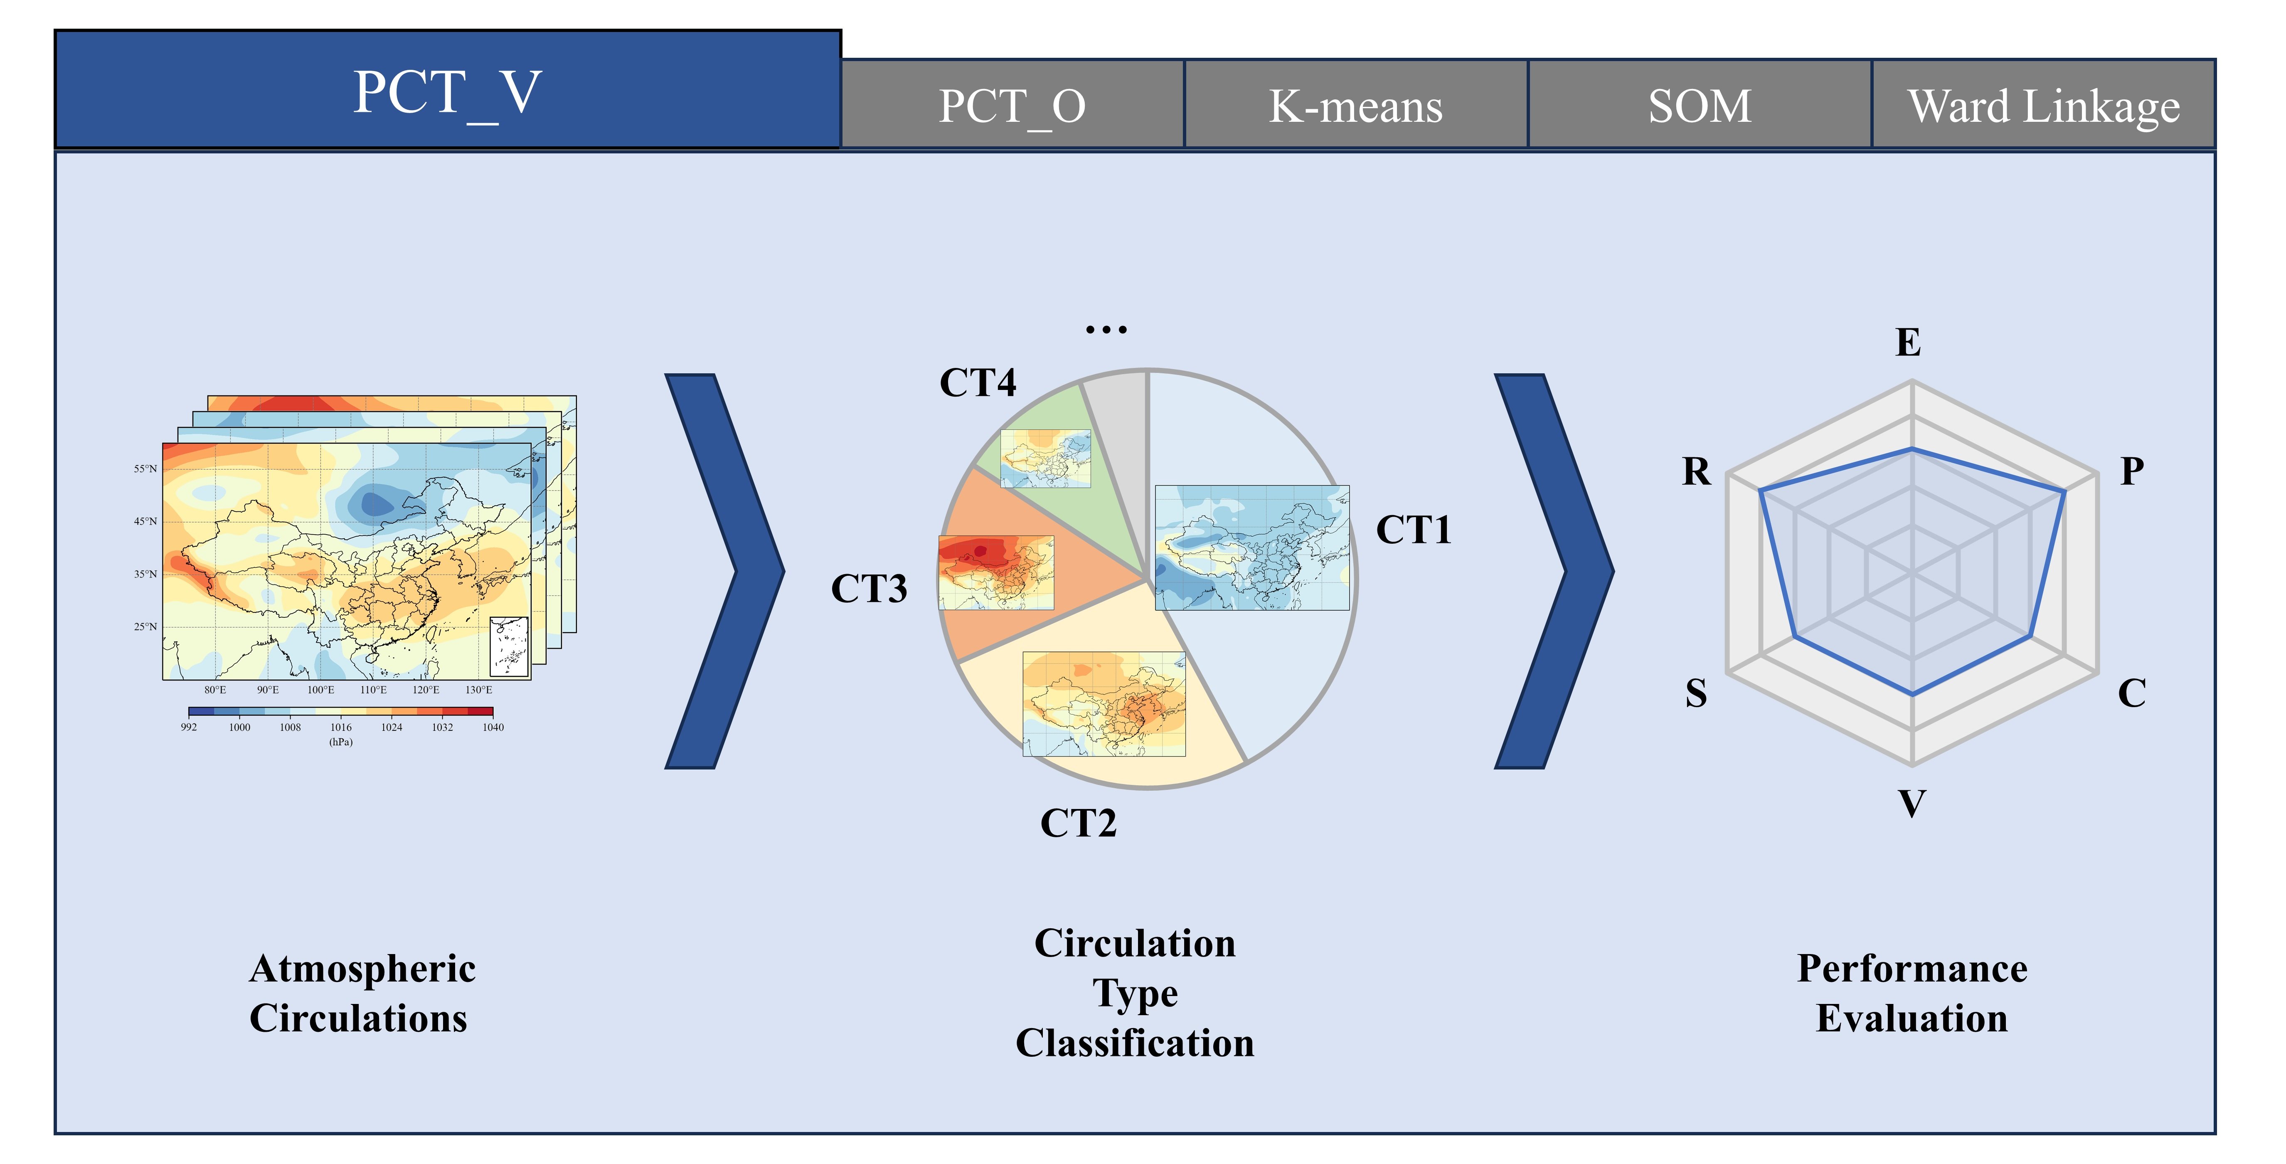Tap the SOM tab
pos(1700,106)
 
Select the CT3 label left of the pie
pos(869,589)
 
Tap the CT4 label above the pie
pos(977,383)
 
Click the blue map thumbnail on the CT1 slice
pos(1251,547)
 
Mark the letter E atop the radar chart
pos(1908,343)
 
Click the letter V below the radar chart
pos(1912,804)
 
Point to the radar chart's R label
pos(1696,471)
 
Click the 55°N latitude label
pos(145,469)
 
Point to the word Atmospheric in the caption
pos(362,969)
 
